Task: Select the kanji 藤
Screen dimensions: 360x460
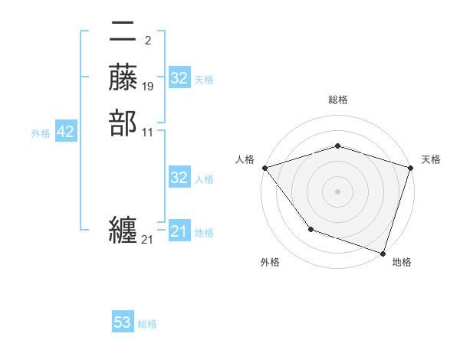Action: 123,77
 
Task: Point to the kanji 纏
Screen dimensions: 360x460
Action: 123,230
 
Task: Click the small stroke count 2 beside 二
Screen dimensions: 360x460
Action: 147,41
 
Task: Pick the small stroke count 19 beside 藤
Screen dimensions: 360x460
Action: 148,86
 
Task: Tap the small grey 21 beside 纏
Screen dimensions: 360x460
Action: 147,240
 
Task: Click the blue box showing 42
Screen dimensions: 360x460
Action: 65,133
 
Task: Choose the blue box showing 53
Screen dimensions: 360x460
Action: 123,322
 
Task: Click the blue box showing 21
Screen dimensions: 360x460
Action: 179,231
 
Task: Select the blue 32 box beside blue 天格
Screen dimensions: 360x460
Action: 179,79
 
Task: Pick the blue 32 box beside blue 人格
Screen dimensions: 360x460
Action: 179,178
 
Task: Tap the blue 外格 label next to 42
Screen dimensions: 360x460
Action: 41,133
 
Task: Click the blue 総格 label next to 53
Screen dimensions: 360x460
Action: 147,324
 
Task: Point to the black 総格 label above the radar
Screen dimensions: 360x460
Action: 337,100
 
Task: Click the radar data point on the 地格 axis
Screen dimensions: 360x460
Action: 383,253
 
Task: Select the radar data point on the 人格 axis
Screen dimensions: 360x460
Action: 264,168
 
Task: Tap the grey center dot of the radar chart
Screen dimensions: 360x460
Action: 337,191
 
